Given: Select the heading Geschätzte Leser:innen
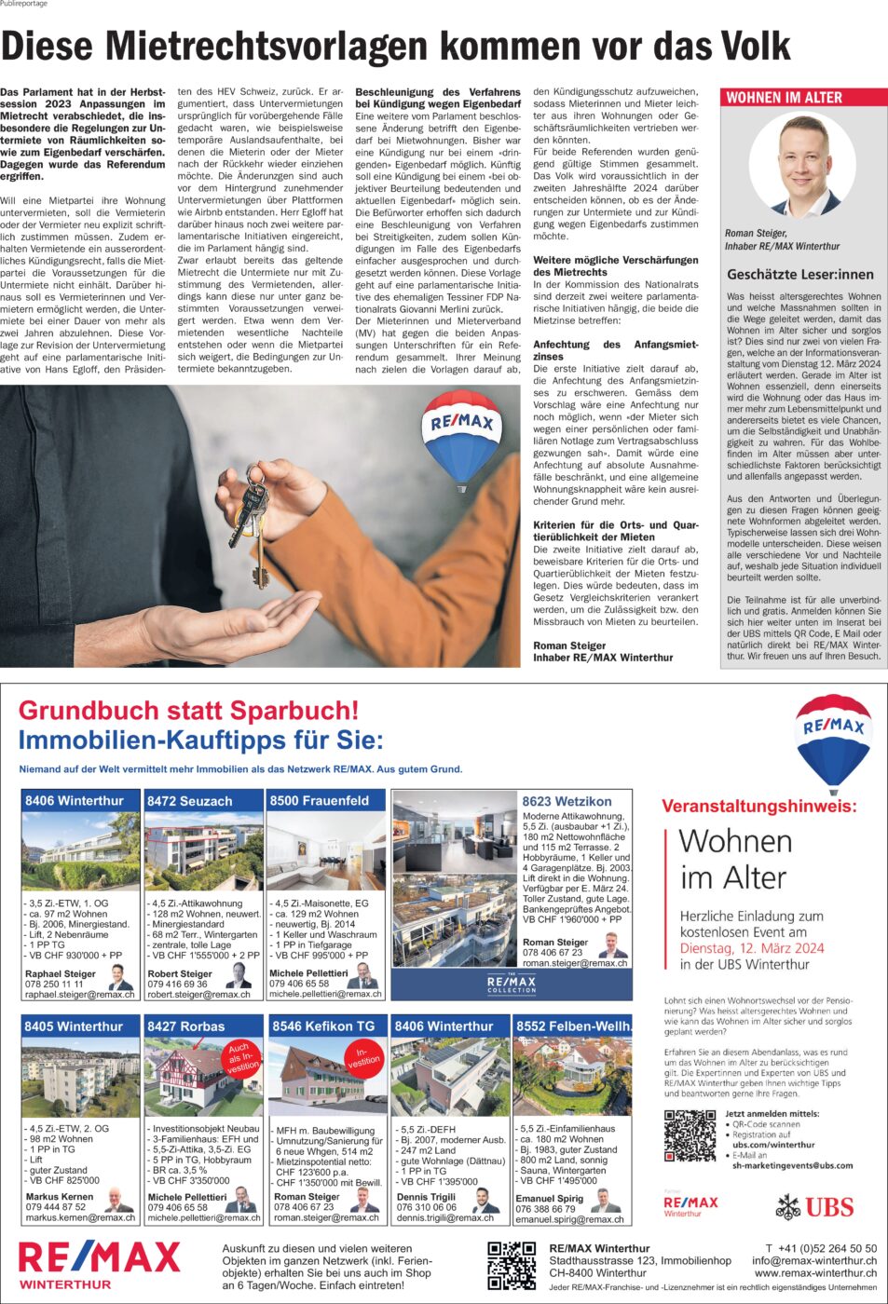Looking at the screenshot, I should click(800, 275).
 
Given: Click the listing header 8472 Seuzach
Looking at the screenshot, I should click(190, 801).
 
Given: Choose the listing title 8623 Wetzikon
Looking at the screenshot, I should click(567, 801).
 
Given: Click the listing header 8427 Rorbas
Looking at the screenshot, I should click(186, 1026).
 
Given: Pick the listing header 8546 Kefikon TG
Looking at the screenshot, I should click(323, 1026).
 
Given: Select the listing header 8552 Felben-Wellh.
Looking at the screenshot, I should click(573, 1026).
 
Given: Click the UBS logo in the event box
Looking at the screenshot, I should click(815, 1208).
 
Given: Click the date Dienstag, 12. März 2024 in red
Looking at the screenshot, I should click(752, 948).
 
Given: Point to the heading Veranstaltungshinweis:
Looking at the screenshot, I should click(758, 807).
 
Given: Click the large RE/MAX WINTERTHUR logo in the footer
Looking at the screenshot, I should click(99, 1264).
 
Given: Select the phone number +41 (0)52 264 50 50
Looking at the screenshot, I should click(821, 1248).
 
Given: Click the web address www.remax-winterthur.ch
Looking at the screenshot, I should click(815, 1273).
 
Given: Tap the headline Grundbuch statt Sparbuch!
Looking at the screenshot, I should click(188, 711).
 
